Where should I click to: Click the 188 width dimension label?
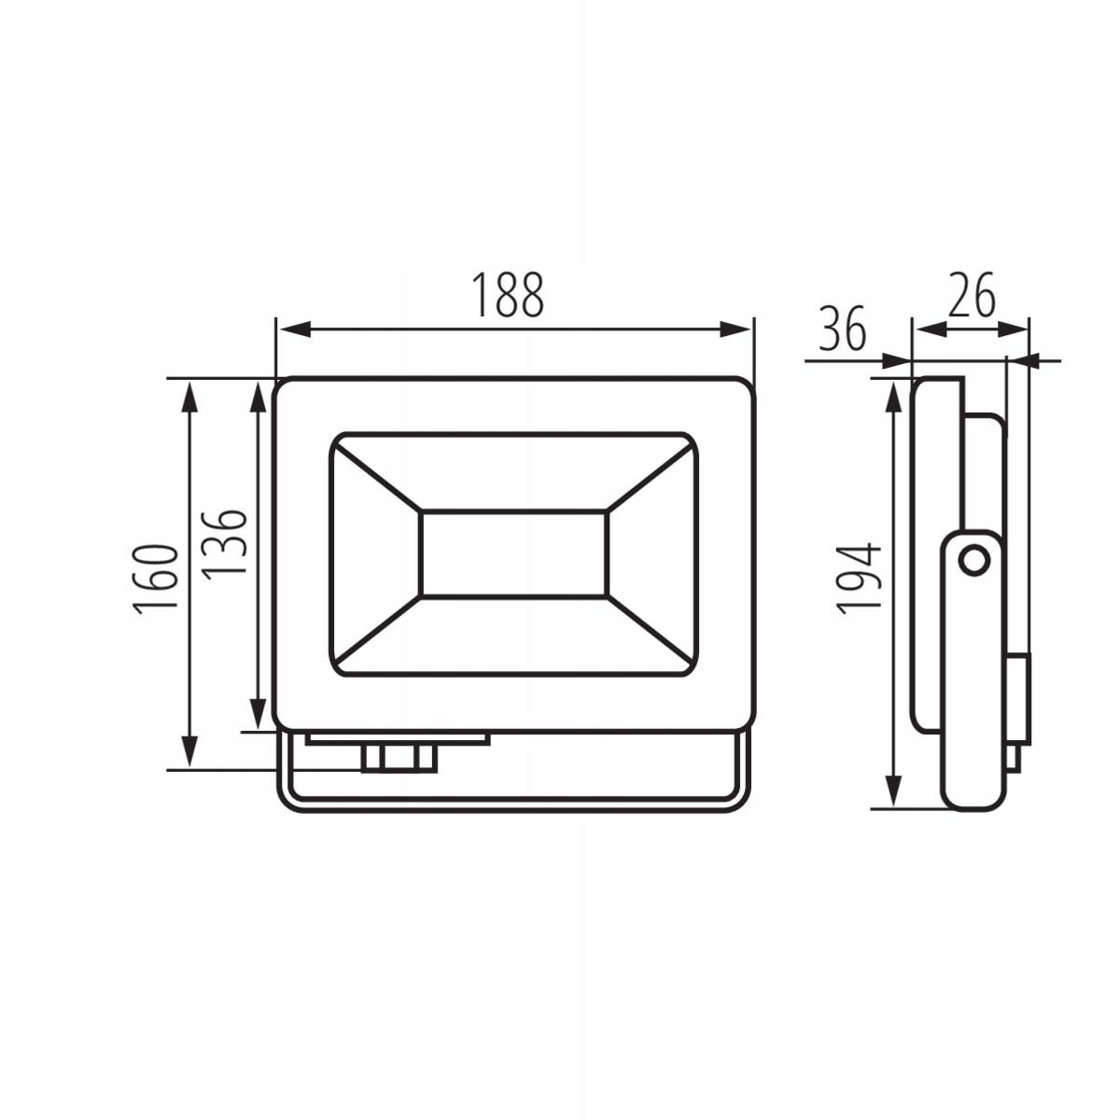click(508, 295)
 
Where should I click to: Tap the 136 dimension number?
click(224, 544)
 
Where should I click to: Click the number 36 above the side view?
click(843, 328)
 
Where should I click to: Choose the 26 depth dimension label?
click(972, 294)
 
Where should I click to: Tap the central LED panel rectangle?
click(513, 553)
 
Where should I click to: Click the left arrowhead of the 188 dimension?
click(293, 329)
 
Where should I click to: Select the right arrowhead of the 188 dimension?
click(735, 329)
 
